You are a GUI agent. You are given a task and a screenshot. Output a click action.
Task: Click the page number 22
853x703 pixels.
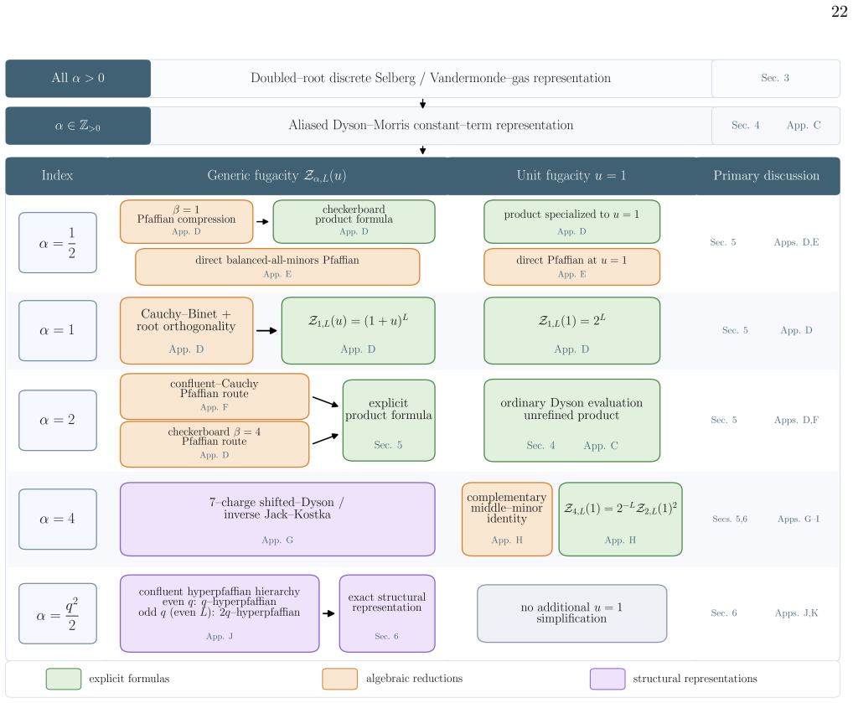point(839,12)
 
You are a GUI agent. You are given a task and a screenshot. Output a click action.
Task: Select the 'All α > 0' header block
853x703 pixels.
point(78,79)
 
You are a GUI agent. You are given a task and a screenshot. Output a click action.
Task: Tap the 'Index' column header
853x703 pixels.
point(57,176)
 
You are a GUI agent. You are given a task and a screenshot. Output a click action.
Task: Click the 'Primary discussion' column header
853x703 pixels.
point(766,176)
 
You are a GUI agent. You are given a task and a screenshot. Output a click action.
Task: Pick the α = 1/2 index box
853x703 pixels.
point(58,243)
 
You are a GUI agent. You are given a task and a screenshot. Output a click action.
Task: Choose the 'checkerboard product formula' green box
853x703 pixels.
point(354,221)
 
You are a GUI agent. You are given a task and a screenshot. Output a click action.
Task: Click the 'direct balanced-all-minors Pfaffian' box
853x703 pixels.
point(277,266)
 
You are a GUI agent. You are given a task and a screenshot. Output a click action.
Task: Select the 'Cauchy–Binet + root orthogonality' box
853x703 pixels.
point(187,330)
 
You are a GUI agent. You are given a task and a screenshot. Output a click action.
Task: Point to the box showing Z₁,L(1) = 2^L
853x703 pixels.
point(571,330)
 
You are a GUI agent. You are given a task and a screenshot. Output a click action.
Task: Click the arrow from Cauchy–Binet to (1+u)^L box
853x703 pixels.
point(266,330)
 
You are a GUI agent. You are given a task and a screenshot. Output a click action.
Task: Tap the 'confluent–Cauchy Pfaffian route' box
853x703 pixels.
point(215,396)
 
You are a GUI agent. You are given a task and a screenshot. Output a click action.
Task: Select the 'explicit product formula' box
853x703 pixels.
point(389,420)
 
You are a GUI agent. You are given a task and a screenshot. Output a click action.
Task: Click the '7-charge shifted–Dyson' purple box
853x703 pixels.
point(277,519)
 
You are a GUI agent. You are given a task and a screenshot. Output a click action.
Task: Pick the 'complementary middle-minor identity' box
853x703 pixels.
point(507,519)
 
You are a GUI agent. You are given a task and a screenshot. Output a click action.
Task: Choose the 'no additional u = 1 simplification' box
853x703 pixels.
point(571,613)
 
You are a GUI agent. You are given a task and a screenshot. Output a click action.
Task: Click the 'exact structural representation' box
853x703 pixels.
point(387,613)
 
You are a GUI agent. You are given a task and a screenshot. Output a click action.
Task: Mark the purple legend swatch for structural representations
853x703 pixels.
point(607,679)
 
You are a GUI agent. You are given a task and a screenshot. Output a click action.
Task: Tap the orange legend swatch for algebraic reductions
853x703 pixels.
point(339,679)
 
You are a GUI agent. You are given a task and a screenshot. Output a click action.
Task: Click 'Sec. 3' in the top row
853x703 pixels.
point(775,78)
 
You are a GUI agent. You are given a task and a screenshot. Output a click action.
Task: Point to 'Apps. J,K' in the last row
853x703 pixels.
point(796,613)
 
